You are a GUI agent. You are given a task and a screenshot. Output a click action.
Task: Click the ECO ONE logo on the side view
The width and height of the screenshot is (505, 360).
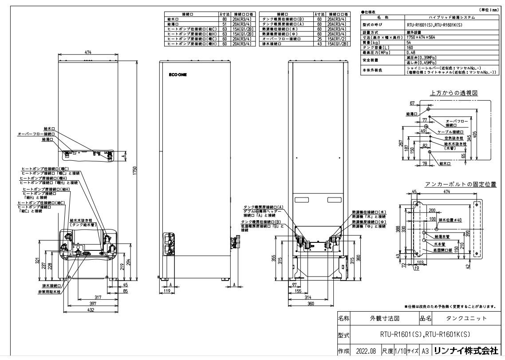pos(178,75)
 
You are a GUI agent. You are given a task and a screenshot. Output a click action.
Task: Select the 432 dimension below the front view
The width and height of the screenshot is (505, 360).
pos(90,309)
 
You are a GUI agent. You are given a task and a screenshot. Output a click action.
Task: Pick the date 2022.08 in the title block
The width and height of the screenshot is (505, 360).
pos(366,351)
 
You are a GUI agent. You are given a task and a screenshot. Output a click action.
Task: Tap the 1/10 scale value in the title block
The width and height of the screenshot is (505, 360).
pos(399,351)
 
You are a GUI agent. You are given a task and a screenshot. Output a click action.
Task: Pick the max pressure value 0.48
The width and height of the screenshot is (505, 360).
pos(410,52)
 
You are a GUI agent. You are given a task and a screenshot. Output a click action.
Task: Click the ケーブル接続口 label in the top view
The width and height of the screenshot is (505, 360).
pos(451,132)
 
